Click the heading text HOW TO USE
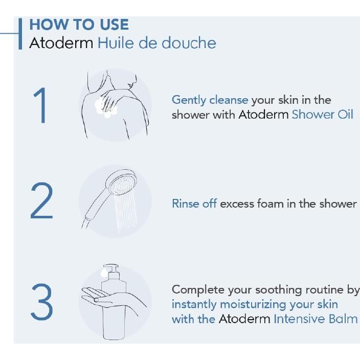pyautogui.click(x=79, y=25)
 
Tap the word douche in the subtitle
pyautogui.click(x=189, y=43)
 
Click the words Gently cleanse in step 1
pyautogui.click(x=210, y=100)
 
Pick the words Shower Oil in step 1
pyautogui.click(x=322, y=115)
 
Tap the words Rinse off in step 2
pyautogui.click(x=194, y=204)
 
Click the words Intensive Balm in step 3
pyautogui.click(x=316, y=319)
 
